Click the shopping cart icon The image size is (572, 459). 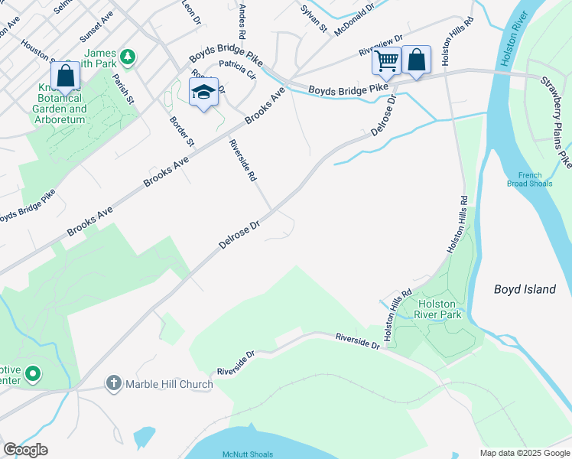click(387, 59)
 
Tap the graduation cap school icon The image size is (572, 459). click(203, 92)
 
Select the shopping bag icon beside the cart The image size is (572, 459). click(416, 60)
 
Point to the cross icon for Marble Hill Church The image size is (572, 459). click(114, 382)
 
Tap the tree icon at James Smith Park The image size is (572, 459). click(128, 56)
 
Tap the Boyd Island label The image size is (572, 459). click(524, 289)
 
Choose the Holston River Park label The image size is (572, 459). click(440, 308)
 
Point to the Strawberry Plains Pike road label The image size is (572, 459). click(556, 122)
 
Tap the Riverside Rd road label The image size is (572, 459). click(242, 159)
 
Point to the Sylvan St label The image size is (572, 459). click(314, 18)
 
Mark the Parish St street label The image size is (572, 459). click(122, 89)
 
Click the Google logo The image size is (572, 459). click(25, 450)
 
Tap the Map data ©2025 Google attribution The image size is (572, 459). click(524, 453)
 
